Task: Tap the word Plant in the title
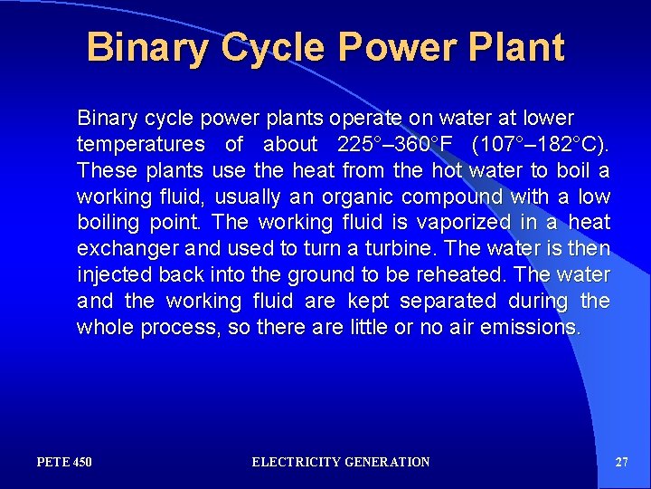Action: click(x=516, y=47)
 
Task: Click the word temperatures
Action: click(x=141, y=144)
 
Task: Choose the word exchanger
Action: click(x=121, y=249)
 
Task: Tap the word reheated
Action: click(x=443, y=274)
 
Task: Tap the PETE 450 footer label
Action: click(x=64, y=462)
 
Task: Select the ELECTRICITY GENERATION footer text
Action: click(x=341, y=462)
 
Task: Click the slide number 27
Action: click(x=621, y=462)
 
